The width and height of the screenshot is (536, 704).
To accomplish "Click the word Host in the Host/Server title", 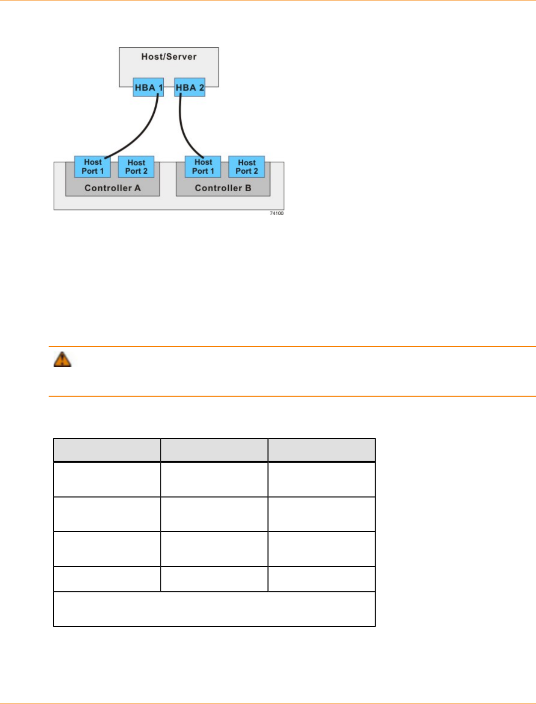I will point(151,57).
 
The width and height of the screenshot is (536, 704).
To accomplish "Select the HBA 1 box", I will point(148,87).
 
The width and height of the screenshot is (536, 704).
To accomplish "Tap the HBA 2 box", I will point(190,87).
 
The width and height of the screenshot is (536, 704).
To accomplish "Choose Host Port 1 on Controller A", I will point(93,167).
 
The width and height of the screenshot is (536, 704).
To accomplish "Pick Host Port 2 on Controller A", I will point(136,167).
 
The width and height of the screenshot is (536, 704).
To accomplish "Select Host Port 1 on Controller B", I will point(203,167).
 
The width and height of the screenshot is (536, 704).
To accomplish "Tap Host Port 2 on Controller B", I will point(247,167).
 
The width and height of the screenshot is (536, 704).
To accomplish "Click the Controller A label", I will point(113,188).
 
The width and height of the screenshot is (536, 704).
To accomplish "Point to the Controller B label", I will point(223,188).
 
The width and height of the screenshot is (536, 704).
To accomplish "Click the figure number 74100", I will point(276,213).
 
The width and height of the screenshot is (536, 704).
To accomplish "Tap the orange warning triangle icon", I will point(63,359).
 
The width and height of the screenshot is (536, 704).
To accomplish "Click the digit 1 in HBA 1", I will point(160,87).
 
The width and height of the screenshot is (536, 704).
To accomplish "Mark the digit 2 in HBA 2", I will point(201,87).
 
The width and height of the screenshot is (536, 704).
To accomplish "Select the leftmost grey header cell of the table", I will point(107,450).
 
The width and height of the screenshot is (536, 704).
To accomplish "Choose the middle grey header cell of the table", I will point(214,450).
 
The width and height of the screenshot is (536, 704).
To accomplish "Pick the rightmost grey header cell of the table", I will point(322,450).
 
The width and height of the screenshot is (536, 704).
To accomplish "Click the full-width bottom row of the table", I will point(214,609).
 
